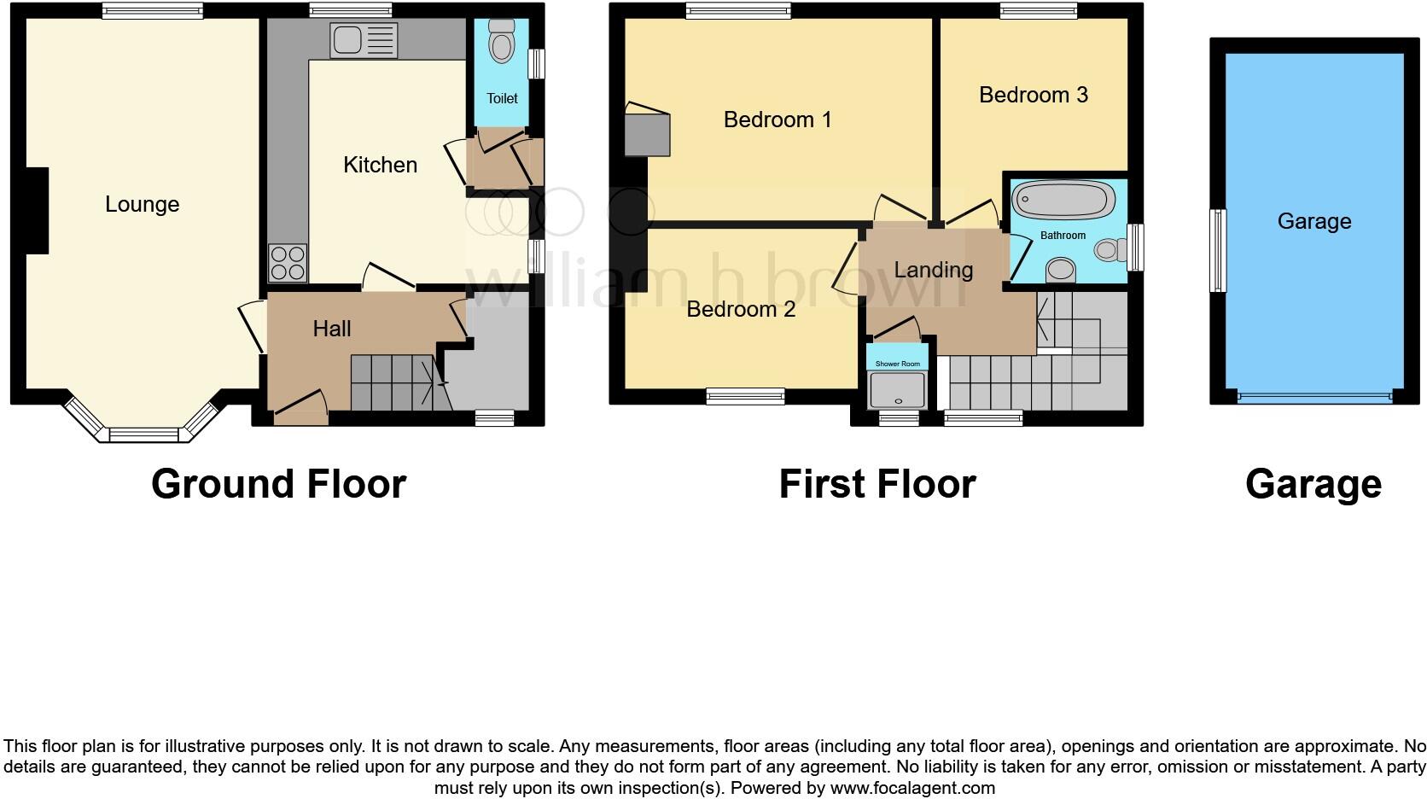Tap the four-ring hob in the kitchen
[288, 263]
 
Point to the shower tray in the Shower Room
[897, 390]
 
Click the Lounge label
[143, 204]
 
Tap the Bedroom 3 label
[1033, 95]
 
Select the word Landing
[933, 270]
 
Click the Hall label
[331, 329]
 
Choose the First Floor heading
[877, 484]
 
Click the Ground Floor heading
[278, 484]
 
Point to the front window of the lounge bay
[143, 434]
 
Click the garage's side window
[1219, 251]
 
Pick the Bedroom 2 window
[745, 395]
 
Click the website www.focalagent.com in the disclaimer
[912, 788]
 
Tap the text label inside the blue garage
[1313, 221]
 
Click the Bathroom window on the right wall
[1135, 248]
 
